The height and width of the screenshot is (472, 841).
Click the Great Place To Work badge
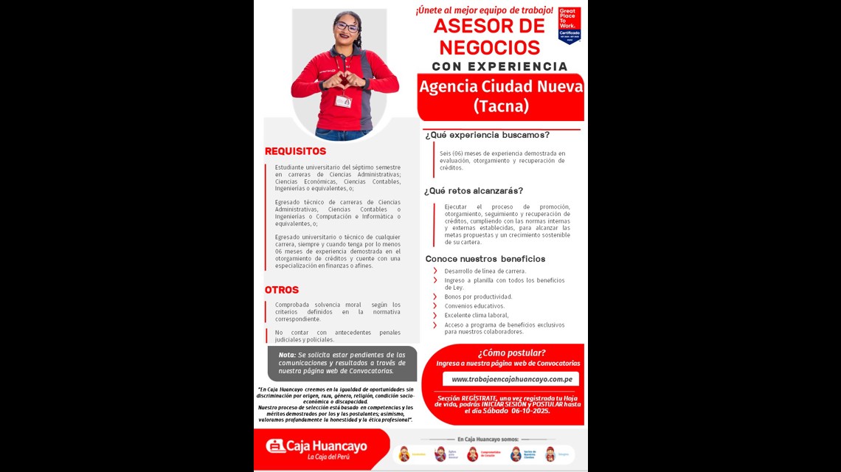[x=569, y=25]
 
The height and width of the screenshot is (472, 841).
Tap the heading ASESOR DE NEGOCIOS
[x=488, y=36]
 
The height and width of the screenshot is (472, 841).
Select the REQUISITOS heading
[x=295, y=151]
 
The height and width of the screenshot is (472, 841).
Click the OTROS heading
[x=282, y=290]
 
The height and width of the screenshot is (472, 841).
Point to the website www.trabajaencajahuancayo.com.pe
[x=511, y=379]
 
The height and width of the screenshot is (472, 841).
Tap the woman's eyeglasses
[x=345, y=27]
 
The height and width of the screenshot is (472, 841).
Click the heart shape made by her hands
[x=345, y=79]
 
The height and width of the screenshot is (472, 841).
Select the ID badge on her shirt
[x=343, y=101]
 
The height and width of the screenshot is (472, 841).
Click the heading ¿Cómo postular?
[x=511, y=353]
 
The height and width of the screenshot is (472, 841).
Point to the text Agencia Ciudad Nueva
[x=501, y=87]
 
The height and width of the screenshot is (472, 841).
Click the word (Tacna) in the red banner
[x=501, y=106]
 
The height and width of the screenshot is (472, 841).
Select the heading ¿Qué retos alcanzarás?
[x=483, y=190]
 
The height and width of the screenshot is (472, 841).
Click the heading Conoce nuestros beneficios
[x=485, y=259]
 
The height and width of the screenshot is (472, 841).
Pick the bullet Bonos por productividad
[x=478, y=296]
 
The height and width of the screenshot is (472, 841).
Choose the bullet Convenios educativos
[x=474, y=306]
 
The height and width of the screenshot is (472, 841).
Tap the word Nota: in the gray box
[x=287, y=355]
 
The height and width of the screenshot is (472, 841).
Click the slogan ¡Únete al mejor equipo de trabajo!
[x=484, y=10]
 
